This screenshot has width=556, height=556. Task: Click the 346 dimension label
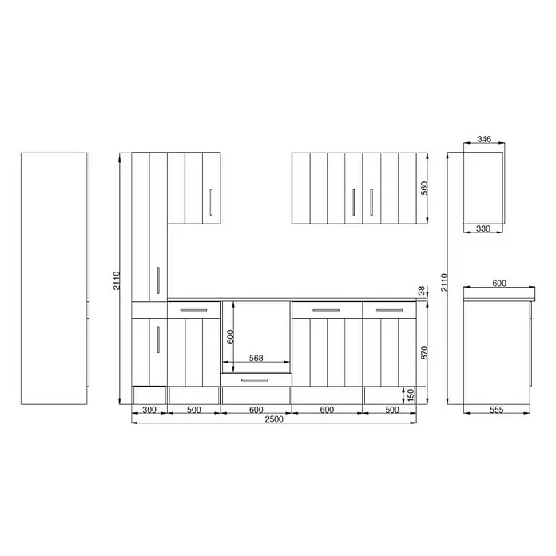click(x=484, y=139)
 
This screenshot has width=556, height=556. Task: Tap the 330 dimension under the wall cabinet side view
click(x=483, y=228)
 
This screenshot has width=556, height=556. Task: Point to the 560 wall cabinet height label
click(x=424, y=188)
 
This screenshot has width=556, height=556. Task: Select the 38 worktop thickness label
click(x=421, y=291)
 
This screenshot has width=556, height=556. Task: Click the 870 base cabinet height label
click(x=424, y=352)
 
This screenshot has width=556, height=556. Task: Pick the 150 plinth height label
click(x=411, y=395)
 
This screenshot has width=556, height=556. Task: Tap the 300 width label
click(x=149, y=410)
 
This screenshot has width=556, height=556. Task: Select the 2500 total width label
click(x=274, y=419)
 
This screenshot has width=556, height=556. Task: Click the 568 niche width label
click(x=256, y=358)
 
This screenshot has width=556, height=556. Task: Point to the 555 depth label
click(x=496, y=410)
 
